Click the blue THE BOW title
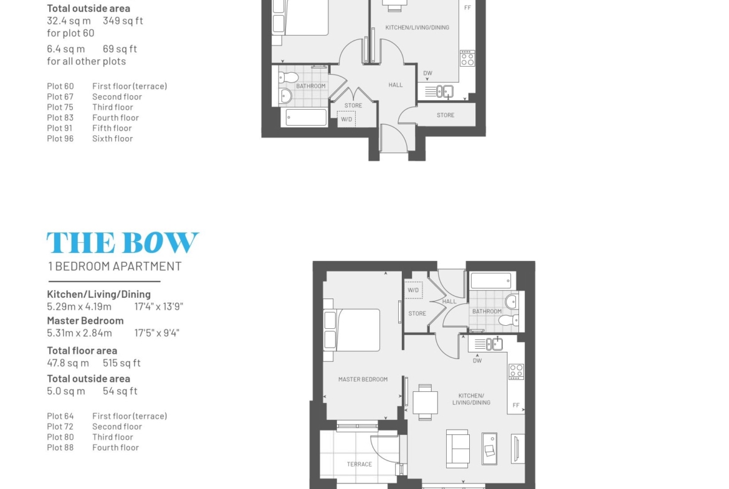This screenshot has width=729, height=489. click(x=123, y=243)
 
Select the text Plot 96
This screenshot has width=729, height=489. click(x=60, y=138)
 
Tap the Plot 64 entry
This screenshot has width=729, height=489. click(x=60, y=416)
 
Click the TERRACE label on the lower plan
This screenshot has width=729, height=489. click(x=360, y=464)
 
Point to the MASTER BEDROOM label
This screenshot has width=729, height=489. click(x=363, y=379)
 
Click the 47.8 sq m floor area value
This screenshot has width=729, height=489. click(x=68, y=363)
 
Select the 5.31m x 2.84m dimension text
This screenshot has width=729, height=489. click(x=80, y=333)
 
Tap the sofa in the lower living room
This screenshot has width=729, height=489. click(x=458, y=449)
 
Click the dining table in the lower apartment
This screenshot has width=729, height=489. click(x=425, y=402)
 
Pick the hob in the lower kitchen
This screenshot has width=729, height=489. click(x=516, y=372)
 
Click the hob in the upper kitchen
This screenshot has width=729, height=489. click(x=467, y=59)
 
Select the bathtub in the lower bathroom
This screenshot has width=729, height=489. click(x=491, y=281)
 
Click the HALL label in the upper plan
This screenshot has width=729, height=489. click(x=396, y=85)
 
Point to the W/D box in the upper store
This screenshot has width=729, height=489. click(x=346, y=119)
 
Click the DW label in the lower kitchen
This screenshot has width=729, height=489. click(x=477, y=361)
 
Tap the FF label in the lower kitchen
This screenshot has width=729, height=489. click(x=516, y=406)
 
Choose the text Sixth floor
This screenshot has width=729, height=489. click(x=113, y=138)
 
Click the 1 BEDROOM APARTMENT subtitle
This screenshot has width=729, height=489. click(x=115, y=267)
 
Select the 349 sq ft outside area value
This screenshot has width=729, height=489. click(x=123, y=21)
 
